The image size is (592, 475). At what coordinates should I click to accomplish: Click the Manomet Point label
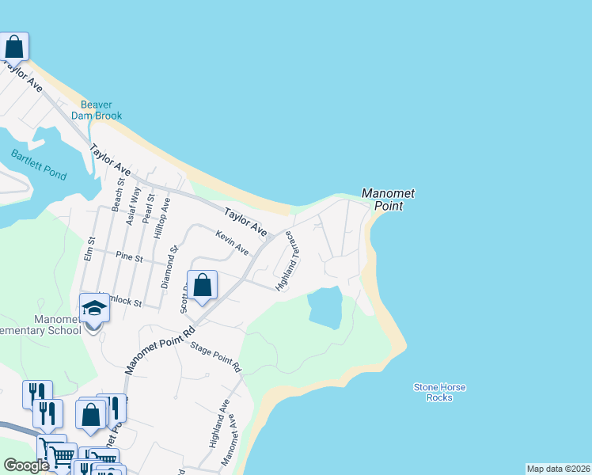[x=388, y=199]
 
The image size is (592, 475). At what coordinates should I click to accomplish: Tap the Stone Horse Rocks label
[x=439, y=393]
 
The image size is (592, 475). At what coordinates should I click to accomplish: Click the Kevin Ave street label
[x=232, y=242]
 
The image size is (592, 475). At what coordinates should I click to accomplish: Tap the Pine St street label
[x=129, y=257]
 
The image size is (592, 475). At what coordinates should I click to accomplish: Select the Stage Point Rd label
[x=215, y=359]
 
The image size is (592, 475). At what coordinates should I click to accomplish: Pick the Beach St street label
[x=118, y=194]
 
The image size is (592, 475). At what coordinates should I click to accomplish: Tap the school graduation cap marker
[x=93, y=308]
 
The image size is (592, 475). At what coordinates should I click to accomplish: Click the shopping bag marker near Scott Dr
[x=203, y=286]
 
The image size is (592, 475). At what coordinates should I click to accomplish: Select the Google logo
[x=27, y=465]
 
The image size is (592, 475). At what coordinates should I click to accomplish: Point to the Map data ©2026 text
[x=558, y=469]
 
